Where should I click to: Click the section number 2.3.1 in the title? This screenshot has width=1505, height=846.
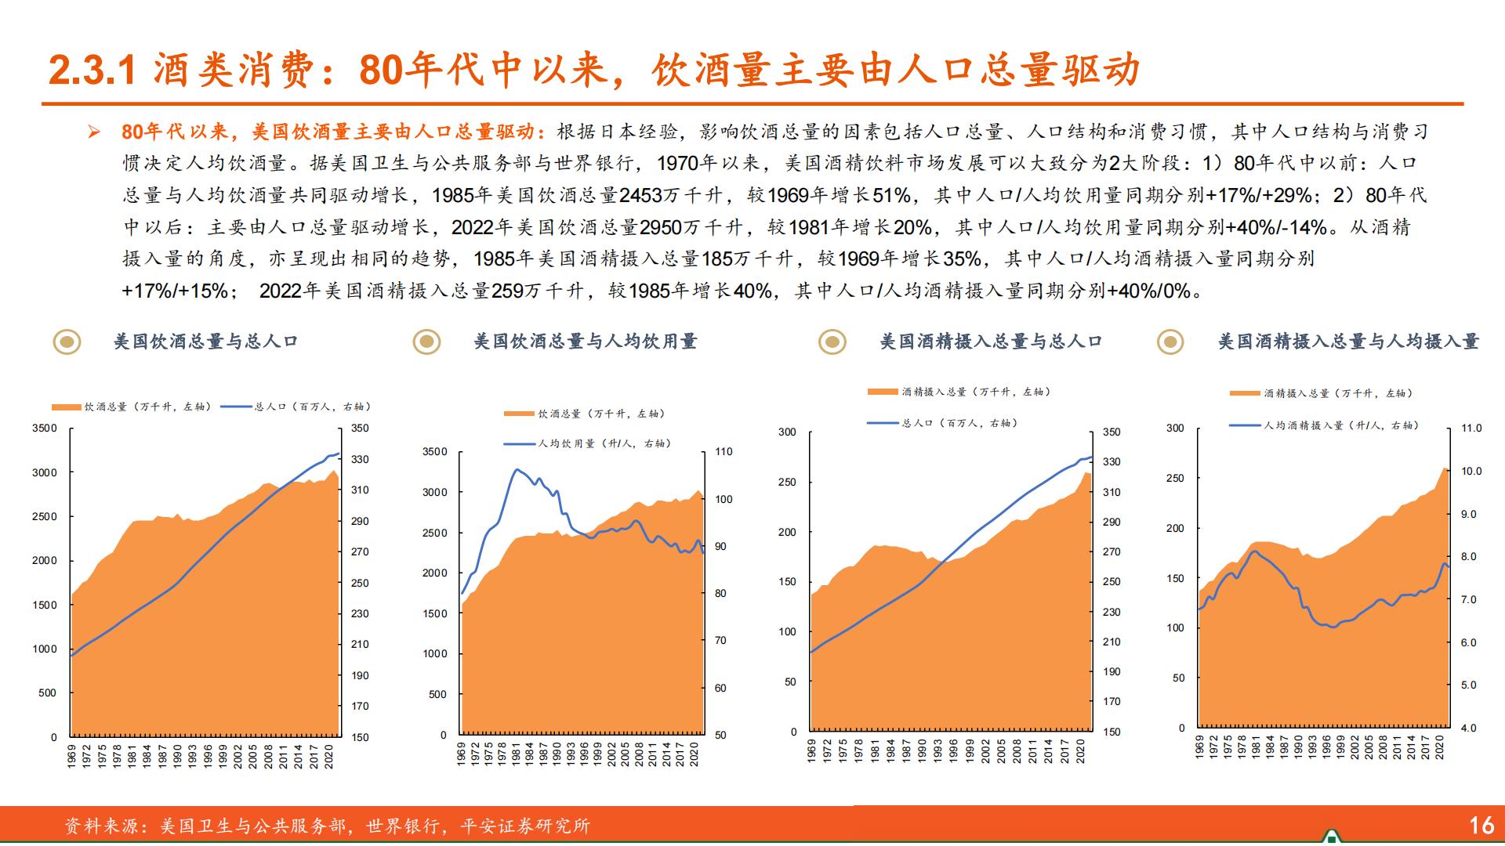point(92,71)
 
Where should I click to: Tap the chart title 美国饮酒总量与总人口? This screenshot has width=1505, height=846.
point(206,342)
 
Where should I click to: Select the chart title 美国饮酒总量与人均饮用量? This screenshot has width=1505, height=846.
point(586,342)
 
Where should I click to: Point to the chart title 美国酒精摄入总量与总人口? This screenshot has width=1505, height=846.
point(991,342)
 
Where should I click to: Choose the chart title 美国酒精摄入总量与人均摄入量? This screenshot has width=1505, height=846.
point(1348,342)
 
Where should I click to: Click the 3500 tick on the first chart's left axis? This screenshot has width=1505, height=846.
point(44,428)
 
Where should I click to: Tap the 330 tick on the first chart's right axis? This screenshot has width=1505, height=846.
point(360,460)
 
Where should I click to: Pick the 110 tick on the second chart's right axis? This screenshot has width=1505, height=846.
point(723,452)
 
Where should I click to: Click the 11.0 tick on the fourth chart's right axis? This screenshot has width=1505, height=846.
point(1471,428)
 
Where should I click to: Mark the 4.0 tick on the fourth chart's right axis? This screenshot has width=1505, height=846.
point(1468,728)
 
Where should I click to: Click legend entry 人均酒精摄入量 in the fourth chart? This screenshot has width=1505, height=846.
point(1340,425)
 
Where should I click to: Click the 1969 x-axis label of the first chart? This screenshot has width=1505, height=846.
point(72,756)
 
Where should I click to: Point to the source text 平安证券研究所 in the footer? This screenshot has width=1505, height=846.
point(525,826)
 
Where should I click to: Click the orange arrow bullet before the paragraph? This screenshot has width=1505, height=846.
point(94,132)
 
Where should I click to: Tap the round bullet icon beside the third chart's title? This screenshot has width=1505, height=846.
point(832,342)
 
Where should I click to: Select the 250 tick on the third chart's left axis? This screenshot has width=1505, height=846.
point(787,483)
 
